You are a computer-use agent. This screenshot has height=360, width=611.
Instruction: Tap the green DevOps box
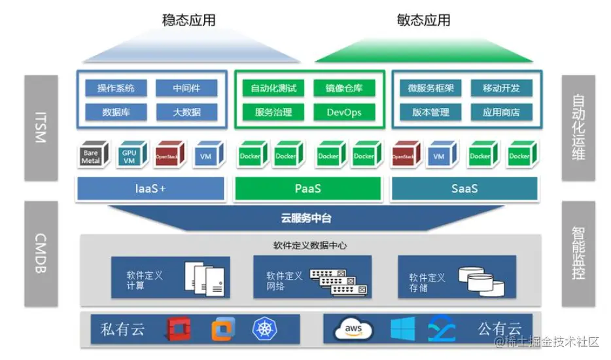pyautogui.click(x=344, y=112)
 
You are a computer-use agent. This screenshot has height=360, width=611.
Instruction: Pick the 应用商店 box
pyautogui.click(x=501, y=112)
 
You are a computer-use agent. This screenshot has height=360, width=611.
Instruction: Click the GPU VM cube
pyautogui.click(x=129, y=155)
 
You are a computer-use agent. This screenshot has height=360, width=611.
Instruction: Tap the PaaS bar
pyautogui.click(x=307, y=189)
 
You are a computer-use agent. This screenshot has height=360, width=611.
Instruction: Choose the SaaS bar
pyautogui.click(x=464, y=189)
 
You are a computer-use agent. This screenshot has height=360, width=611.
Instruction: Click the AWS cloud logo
pyautogui.click(x=353, y=329)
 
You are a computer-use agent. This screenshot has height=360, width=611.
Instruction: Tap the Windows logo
pyautogui.click(x=402, y=329)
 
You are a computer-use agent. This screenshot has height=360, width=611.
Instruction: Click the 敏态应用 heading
pyautogui.click(x=423, y=20)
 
